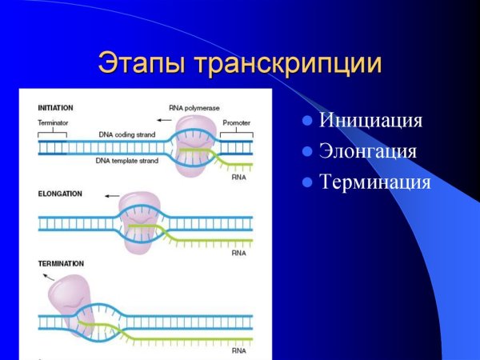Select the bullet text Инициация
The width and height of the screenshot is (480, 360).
[x=370, y=122]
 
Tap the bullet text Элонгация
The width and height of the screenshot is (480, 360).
[x=368, y=151]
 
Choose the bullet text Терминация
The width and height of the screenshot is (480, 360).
[x=374, y=182]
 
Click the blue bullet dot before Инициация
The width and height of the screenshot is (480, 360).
[x=306, y=122]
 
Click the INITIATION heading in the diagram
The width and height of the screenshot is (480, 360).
[x=56, y=107]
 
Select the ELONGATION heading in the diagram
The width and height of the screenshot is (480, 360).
[x=58, y=194]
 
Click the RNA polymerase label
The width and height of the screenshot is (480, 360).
[x=194, y=107]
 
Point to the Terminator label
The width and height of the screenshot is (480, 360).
[x=53, y=123]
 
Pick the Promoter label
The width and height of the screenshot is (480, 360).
[x=236, y=123]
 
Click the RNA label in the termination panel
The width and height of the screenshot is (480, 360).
[x=238, y=350]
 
